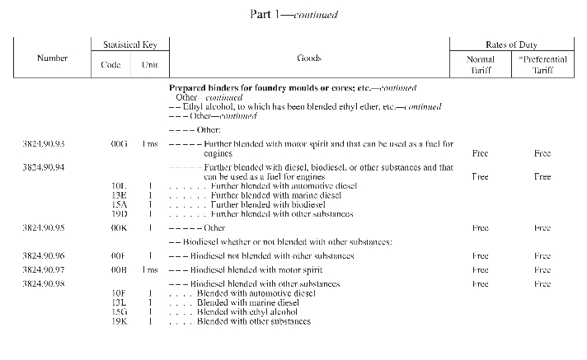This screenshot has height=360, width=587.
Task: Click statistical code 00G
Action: [x=120, y=144]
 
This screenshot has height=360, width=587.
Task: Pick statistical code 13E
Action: [x=120, y=195]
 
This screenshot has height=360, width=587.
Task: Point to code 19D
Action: [x=120, y=213]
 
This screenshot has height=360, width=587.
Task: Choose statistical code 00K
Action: [x=120, y=227]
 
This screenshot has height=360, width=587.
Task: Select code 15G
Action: [x=120, y=311]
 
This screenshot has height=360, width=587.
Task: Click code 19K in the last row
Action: [x=120, y=320]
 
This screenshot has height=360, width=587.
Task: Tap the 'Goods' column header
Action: [x=308, y=58]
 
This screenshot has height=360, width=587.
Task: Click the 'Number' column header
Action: [x=53, y=58]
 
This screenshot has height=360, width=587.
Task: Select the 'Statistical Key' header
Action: [x=130, y=44]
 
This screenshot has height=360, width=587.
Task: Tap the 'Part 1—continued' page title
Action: [x=293, y=15]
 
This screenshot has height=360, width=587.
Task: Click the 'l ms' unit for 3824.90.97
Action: [x=150, y=270]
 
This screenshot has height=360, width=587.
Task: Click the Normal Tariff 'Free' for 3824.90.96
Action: [x=480, y=256]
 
